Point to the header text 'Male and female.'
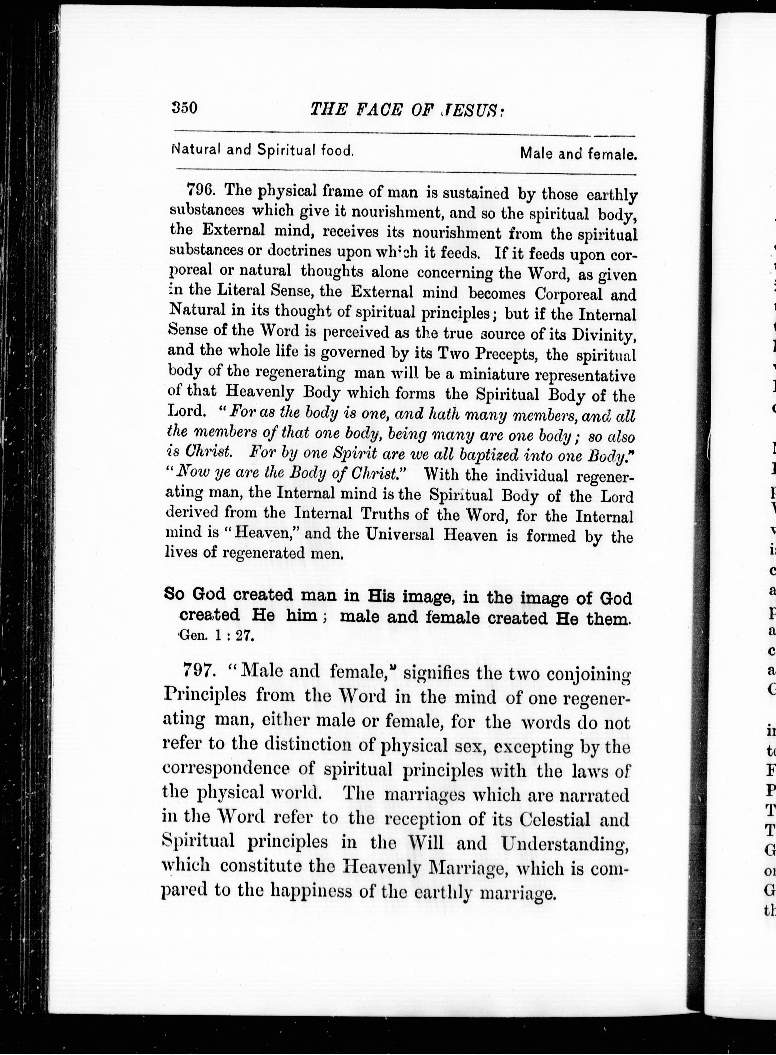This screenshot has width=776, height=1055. coord(578,154)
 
